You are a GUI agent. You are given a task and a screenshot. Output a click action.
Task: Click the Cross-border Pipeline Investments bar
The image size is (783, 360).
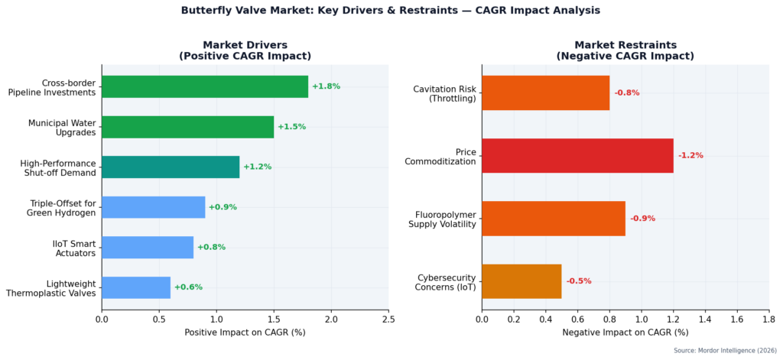tap(204, 86)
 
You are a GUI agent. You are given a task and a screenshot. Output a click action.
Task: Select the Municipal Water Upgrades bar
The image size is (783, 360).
tap(187, 127)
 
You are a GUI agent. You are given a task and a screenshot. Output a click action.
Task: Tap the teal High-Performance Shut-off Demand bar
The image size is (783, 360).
tap(170, 167)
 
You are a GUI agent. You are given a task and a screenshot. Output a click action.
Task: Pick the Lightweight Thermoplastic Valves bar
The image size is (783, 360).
tap(135, 287)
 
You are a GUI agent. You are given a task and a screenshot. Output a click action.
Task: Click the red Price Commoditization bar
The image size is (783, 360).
tap(577, 155)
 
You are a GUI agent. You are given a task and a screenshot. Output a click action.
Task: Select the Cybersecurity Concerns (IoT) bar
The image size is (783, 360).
tap(521, 281)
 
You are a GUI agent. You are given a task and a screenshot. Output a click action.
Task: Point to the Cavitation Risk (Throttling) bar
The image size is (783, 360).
tap(545, 92)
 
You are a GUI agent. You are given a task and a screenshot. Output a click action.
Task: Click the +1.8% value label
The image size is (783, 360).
tap(326, 86)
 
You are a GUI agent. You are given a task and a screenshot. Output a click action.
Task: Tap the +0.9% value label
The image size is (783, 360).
tap(223, 207)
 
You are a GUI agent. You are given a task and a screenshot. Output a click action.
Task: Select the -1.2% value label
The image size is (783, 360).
tap(690, 155)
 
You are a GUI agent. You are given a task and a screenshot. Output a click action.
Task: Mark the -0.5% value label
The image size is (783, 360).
tap(579, 281)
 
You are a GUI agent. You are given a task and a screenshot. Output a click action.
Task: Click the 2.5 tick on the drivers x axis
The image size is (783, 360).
tap(388, 319)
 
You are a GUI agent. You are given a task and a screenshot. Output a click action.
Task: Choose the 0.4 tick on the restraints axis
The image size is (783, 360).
tap(545, 319)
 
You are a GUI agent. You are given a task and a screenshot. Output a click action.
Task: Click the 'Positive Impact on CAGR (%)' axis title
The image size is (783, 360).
tap(245, 332)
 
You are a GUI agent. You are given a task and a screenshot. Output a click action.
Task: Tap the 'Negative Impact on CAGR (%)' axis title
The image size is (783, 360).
tap(625, 332)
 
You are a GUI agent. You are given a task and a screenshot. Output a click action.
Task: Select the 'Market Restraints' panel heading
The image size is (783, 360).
tap(625, 45)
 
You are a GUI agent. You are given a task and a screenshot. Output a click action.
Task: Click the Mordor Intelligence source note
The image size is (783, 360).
tap(724, 350)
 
